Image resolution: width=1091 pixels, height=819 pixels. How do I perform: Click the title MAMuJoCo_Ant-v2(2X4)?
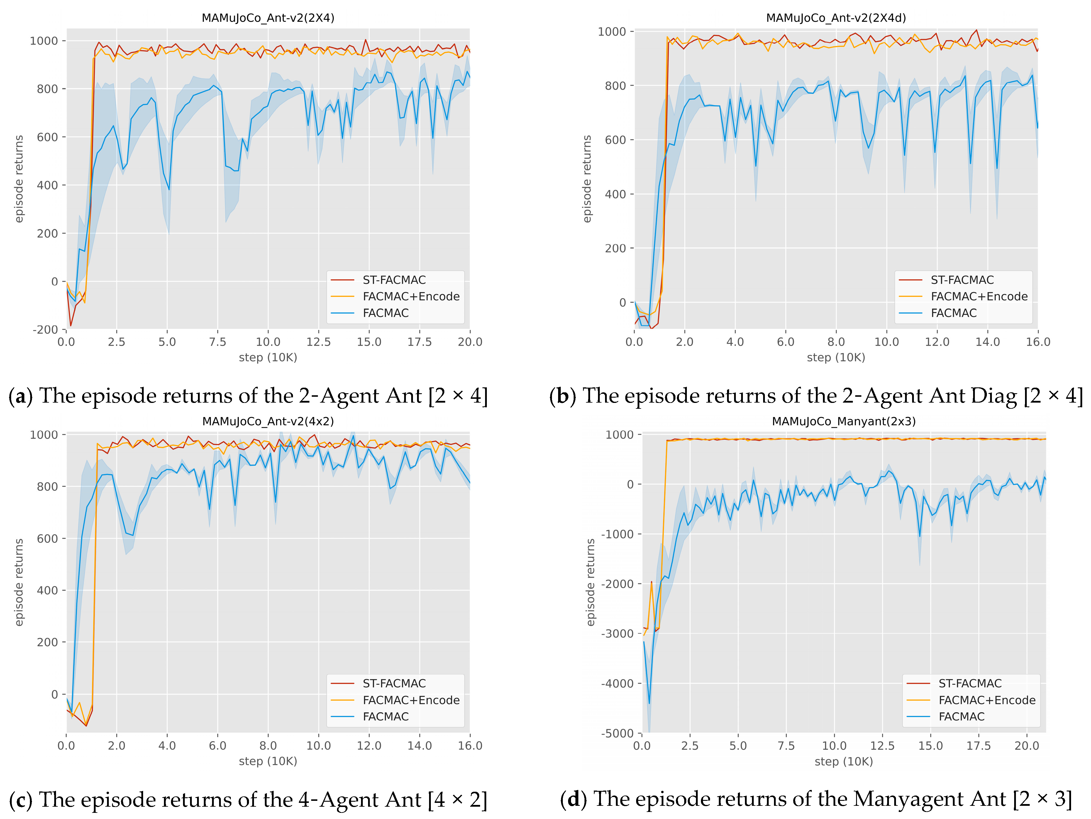pos(268,18)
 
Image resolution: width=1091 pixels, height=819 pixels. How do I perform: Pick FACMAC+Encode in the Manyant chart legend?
pos(986,700)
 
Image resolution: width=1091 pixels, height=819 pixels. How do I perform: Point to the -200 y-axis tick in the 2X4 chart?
pos(45,329)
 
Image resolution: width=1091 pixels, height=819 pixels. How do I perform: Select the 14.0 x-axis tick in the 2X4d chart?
pos(987,342)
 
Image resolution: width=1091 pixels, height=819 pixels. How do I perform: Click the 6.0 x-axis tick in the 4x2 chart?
pos(218,745)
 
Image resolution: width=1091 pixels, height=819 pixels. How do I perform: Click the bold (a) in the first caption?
pos(21,396)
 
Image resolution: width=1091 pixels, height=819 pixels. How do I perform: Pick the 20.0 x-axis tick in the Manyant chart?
pos(1026,745)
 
